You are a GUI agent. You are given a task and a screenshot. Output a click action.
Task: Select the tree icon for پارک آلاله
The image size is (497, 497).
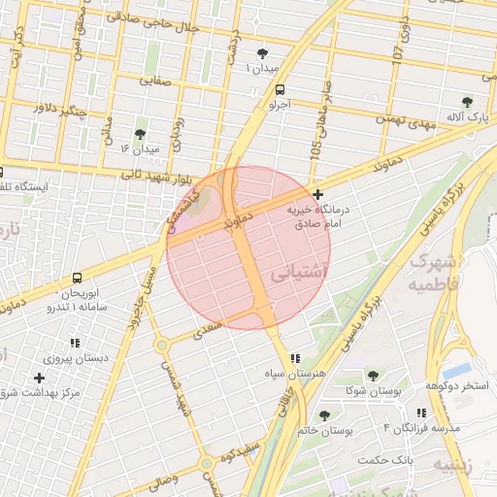(467, 102)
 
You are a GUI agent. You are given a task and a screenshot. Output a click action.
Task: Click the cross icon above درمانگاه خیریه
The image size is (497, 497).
(317, 195)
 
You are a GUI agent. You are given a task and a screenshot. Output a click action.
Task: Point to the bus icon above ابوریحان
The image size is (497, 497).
(76, 278)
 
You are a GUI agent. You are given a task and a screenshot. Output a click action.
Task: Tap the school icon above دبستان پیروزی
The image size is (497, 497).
(75, 343)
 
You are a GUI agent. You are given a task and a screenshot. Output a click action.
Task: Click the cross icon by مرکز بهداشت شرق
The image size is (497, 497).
(39, 377)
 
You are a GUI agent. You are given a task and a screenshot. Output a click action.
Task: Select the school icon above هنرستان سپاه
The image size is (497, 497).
(295, 358)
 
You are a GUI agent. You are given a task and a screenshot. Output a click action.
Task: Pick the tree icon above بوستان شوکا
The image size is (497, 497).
(372, 375)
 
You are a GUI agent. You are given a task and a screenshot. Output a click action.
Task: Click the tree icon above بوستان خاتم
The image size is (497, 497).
(324, 415)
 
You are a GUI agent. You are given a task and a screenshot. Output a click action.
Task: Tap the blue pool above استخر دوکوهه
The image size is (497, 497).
(455, 372)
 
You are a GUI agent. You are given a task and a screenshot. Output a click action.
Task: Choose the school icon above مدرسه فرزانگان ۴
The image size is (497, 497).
(419, 413)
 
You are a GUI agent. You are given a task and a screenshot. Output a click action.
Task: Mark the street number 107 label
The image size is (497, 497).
(399, 44)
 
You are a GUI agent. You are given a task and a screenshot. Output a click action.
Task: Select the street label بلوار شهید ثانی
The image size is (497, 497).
(161, 176)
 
